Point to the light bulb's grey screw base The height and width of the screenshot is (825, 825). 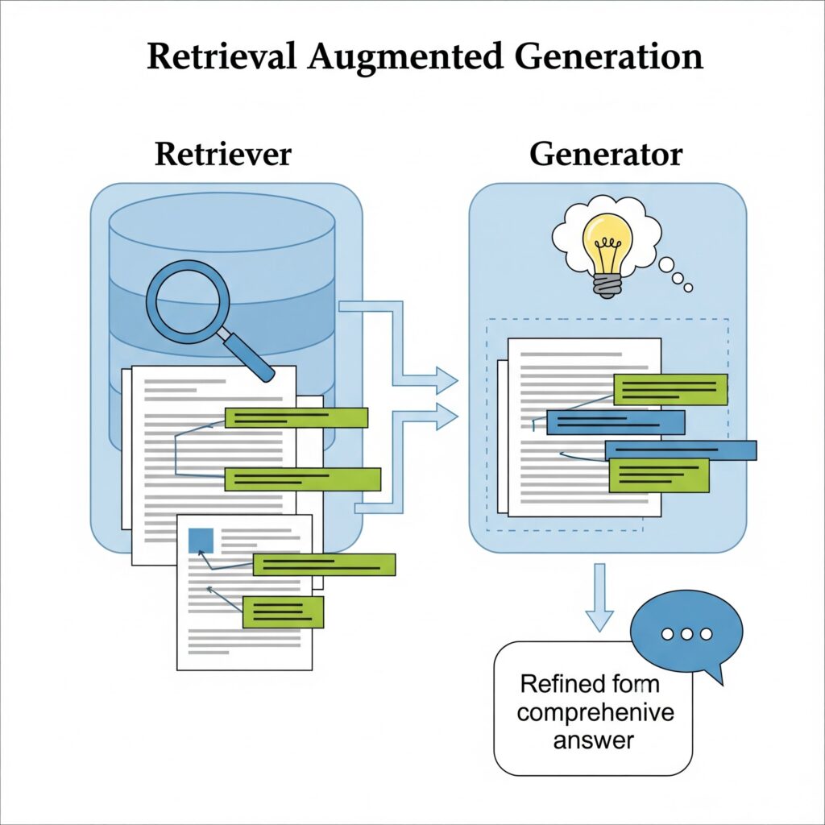point(605,283)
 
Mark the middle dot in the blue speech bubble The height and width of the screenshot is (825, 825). point(686,634)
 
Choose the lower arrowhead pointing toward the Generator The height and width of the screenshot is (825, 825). point(445,417)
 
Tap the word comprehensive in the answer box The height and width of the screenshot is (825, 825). point(596,712)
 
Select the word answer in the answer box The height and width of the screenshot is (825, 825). point(594,740)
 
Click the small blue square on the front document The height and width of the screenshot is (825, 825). point(200,540)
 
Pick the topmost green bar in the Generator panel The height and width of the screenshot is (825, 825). point(670,389)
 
